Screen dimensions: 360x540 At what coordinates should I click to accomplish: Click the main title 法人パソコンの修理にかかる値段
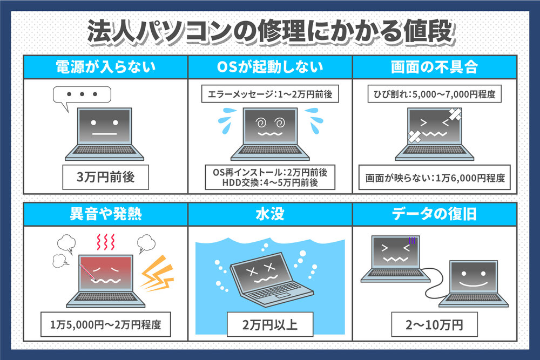pyautogui.click(x=269, y=32)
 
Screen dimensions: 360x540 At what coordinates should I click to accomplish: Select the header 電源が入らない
pyautogui.click(x=106, y=67)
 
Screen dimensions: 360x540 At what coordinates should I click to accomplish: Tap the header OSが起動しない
pyautogui.click(x=270, y=67)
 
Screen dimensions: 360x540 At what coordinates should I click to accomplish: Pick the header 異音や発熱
pyautogui.click(x=106, y=214)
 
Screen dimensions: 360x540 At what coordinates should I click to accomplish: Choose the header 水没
pyautogui.click(x=270, y=214)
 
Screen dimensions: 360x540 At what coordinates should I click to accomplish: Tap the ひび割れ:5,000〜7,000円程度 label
pyautogui.click(x=434, y=94)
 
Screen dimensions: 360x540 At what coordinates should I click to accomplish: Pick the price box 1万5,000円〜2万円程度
pyautogui.click(x=106, y=325)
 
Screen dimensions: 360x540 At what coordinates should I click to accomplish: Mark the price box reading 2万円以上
pyautogui.click(x=270, y=325)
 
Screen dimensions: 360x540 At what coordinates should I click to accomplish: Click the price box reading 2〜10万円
pyautogui.click(x=434, y=325)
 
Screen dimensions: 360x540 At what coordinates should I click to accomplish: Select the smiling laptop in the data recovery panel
pyautogui.click(x=471, y=283)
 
